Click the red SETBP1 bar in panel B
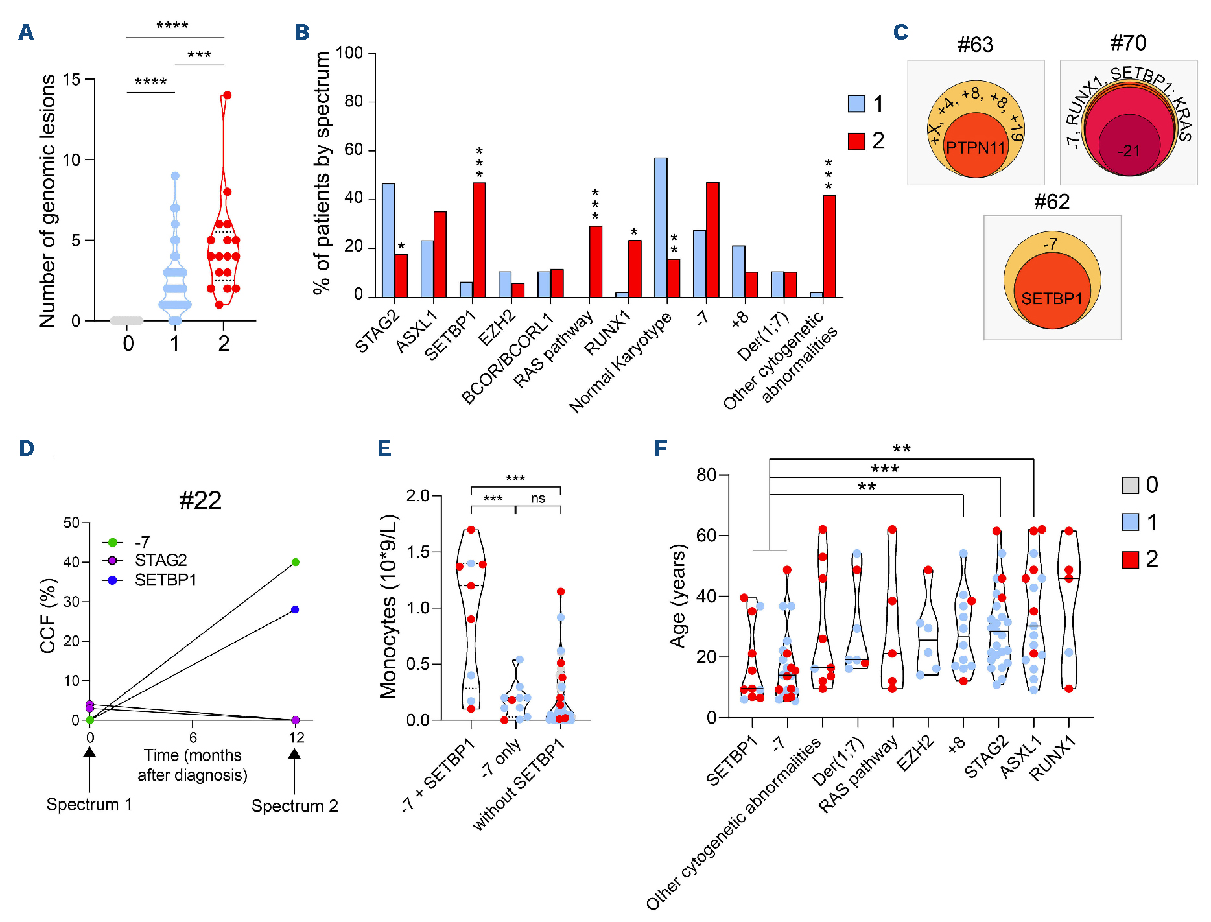pos(479,240)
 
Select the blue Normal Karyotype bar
pos(661,227)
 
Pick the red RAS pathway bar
pos(595,261)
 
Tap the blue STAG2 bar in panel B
pos(388,240)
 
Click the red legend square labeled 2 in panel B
pos(856,141)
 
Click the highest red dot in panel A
pos(227,95)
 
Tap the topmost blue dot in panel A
pos(175,176)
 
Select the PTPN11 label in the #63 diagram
pos(975,148)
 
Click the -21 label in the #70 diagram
pos(1129,151)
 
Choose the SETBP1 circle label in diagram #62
pos(1052,299)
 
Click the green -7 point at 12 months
pos(295,562)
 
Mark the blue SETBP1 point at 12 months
pos(295,609)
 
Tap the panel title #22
pos(200,501)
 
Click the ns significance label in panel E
pos(538,499)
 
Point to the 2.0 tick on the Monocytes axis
pos(418,496)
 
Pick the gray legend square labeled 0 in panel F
pos(1130,485)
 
